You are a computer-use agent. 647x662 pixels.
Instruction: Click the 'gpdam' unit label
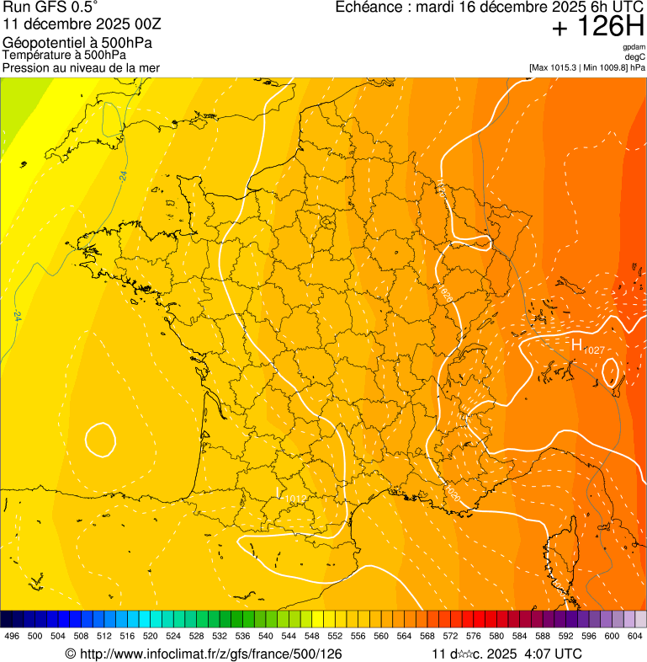point(634,47)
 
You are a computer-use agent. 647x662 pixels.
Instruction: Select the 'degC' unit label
point(636,56)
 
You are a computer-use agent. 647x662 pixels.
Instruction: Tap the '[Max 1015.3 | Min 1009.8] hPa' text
point(587,67)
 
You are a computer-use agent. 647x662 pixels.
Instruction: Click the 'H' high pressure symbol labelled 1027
point(577,344)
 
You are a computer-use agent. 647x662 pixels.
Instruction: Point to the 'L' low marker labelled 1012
point(279,491)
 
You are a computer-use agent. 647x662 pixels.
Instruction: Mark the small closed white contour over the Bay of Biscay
point(100,438)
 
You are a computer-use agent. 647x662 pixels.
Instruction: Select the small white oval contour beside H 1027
point(611,371)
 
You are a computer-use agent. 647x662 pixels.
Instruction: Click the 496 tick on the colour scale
point(12,636)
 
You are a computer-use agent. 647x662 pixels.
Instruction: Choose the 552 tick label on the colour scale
point(335,636)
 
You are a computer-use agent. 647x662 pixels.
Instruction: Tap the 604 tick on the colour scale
point(635,636)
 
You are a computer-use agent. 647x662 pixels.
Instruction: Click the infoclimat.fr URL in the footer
point(210,654)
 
